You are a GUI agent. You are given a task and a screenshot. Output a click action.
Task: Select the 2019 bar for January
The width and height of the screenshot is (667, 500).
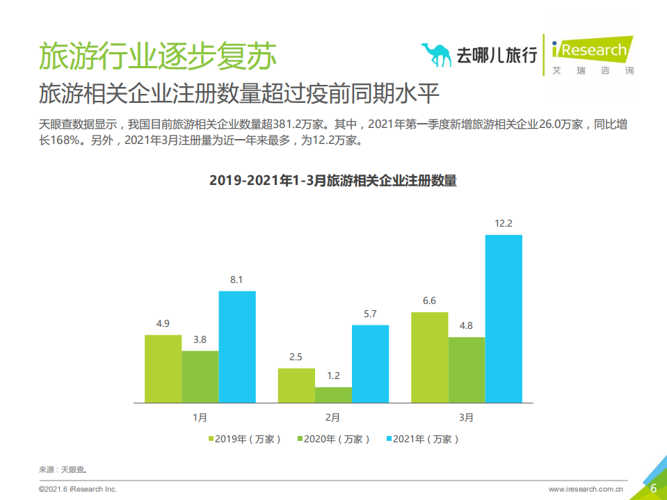(163, 369)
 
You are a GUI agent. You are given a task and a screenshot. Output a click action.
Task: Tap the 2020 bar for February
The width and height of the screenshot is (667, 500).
(333, 395)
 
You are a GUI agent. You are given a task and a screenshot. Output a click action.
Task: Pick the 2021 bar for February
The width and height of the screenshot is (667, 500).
(370, 364)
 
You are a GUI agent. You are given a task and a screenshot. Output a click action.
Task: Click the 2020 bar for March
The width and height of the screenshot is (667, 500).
(467, 370)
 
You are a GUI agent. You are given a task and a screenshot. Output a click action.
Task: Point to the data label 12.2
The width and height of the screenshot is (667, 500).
(503, 224)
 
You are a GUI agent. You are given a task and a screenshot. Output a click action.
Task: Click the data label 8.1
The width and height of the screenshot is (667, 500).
(236, 280)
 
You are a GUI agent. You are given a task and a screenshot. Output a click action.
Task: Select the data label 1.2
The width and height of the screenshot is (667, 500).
(333, 376)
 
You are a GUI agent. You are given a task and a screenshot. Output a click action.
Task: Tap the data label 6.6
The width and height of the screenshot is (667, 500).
(430, 300)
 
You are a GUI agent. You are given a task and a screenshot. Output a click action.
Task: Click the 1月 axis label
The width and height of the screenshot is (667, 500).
(200, 418)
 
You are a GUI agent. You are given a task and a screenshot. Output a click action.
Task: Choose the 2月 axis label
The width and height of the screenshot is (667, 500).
(333, 418)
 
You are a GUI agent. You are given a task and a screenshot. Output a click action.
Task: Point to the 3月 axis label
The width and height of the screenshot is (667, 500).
(466, 418)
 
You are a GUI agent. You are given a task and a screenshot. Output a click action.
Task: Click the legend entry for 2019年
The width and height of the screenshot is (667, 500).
(244, 439)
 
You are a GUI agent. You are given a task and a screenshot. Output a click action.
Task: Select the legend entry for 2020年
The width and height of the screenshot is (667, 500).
(333, 439)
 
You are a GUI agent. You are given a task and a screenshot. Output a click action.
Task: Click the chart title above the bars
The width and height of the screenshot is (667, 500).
(333, 181)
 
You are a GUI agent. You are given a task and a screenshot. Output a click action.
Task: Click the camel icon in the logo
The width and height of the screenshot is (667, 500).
(436, 54)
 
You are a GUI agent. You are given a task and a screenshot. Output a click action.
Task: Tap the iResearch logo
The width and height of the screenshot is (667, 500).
(591, 53)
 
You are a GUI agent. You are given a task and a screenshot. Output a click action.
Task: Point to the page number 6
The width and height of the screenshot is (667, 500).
(653, 488)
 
